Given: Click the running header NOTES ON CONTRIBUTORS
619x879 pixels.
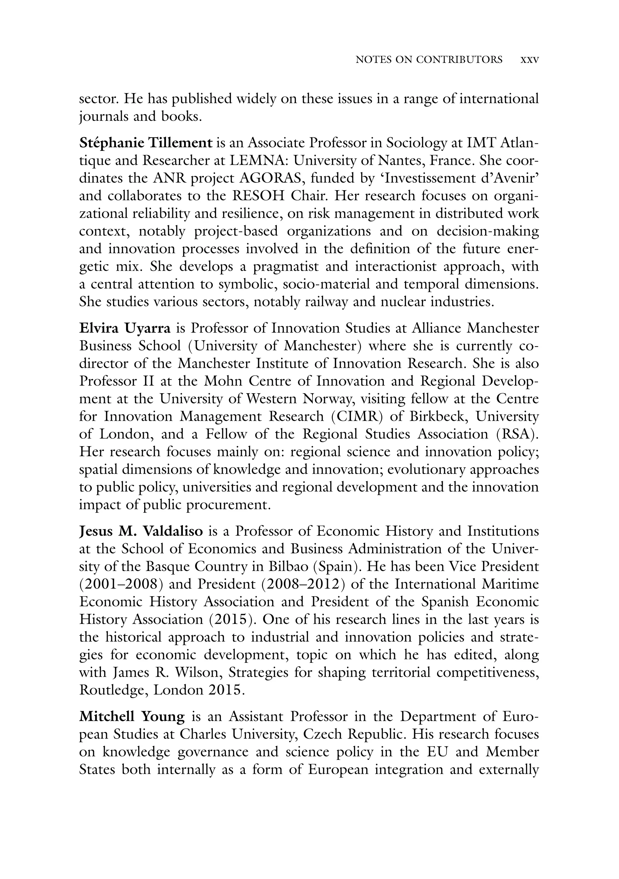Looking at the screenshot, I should pyautogui.click(x=429, y=60).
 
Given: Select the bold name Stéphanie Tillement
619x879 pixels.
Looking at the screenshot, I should pyautogui.click(x=145, y=143).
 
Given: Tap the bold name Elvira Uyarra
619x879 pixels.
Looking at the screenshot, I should pyautogui.click(x=125, y=328).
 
